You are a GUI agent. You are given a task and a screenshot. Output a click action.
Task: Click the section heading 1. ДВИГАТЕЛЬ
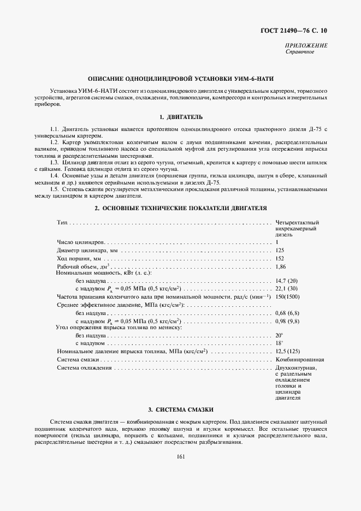click(180, 117)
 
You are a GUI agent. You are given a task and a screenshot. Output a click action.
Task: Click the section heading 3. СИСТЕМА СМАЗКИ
click(180, 409)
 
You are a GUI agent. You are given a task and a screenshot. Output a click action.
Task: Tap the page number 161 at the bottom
click(181, 457)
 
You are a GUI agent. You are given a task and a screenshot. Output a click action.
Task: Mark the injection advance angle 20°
click(279, 335)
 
